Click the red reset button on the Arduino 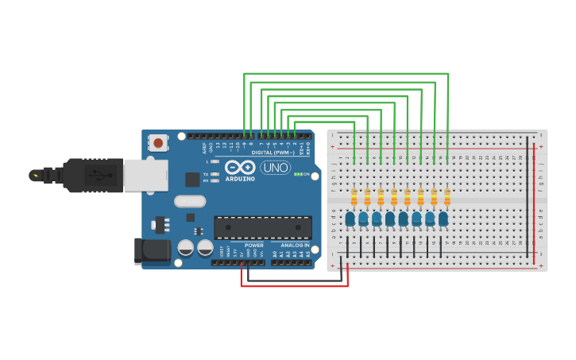tap(158, 143)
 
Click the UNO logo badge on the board tap(275, 168)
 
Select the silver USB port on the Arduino tap(145, 176)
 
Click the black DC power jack tap(152, 250)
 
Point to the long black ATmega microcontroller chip tap(262, 227)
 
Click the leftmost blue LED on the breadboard tap(350, 218)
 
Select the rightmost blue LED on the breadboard tap(443, 218)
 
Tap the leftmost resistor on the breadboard tap(354, 197)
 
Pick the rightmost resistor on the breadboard tap(447, 197)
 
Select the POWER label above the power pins tap(254, 245)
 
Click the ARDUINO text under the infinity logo tap(240, 179)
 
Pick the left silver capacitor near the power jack tap(186, 248)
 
